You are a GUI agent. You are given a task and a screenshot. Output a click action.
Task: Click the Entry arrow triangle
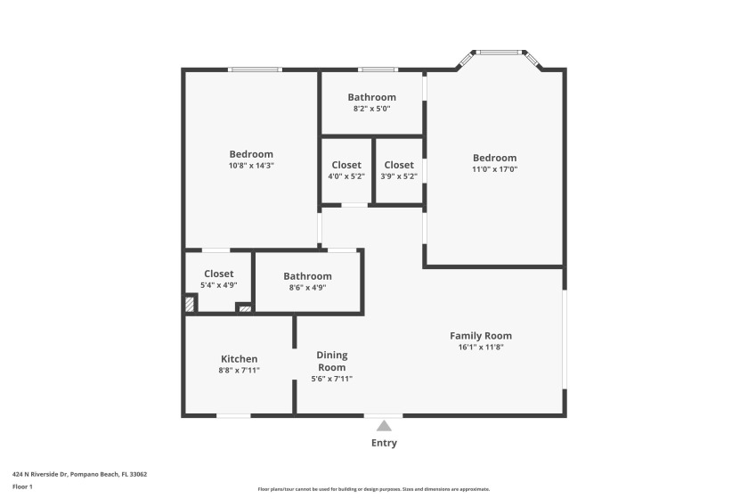point(384,426)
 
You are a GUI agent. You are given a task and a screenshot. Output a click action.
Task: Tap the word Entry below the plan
point(384,443)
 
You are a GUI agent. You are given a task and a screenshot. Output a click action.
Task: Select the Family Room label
point(480,336)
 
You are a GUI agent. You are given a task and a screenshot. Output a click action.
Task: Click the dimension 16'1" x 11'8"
point(480,348)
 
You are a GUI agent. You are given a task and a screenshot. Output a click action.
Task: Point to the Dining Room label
point(332,361)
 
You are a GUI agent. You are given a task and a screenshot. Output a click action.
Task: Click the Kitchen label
point(239,359)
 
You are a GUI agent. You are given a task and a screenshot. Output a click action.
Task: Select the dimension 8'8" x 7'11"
point(239,371)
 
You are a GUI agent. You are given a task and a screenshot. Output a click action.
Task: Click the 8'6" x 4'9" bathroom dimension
point(307,288)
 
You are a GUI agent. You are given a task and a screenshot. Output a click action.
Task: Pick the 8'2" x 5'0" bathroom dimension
point(371,109)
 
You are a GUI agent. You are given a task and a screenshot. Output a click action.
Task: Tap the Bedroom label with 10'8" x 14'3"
point(250,154)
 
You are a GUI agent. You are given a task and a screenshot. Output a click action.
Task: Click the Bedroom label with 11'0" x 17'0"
point(494,158)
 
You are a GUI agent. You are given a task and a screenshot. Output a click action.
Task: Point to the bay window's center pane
point(500,53)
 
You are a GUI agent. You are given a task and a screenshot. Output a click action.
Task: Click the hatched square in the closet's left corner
point(190,303)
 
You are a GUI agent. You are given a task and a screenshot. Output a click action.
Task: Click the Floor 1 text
point(22,487)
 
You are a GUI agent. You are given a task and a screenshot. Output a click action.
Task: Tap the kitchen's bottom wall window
point(233,415)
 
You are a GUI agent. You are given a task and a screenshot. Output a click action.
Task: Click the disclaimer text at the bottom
point(373,489)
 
